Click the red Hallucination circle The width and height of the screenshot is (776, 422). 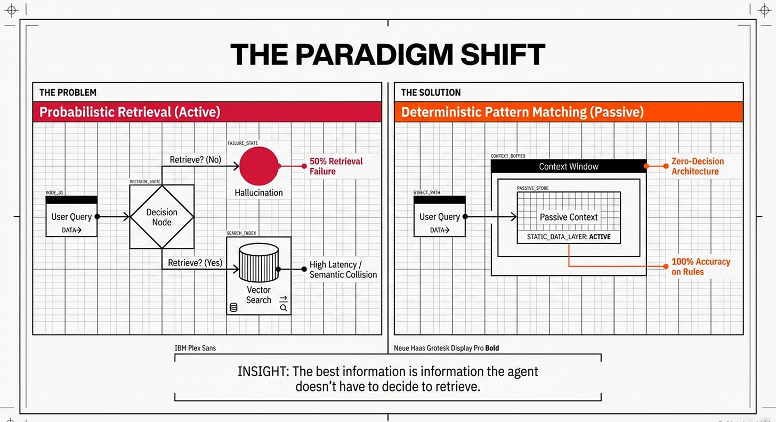coord(259,166)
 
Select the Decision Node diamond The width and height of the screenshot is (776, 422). coord(161,216)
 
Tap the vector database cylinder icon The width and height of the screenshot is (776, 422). coord(258,263)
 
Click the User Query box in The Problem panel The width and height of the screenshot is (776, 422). coord(71,217)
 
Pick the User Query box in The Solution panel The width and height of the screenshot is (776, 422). coord(440,217)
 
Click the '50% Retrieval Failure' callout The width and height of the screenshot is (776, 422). coord(336,166)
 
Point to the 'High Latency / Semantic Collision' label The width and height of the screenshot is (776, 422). coord(343,270)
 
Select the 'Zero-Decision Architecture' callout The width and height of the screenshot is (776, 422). coord(697,166)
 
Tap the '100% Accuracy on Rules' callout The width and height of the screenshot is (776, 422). coord(700,266)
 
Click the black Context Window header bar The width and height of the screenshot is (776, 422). coord(568,167)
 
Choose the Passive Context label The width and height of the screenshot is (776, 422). coord(569,217)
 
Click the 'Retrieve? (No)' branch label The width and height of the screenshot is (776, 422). coord(195,159)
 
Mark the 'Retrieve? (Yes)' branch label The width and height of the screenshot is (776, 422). coord(195,263)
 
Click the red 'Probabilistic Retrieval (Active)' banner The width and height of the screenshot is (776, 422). coord(207,112)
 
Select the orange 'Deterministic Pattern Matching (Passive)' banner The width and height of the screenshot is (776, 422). coord(568,112)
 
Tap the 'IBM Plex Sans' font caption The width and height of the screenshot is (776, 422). coord(196,348)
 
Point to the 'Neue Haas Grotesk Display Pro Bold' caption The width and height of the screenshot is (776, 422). coord(446,348)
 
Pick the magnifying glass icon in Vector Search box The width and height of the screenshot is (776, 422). coord(284,307)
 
